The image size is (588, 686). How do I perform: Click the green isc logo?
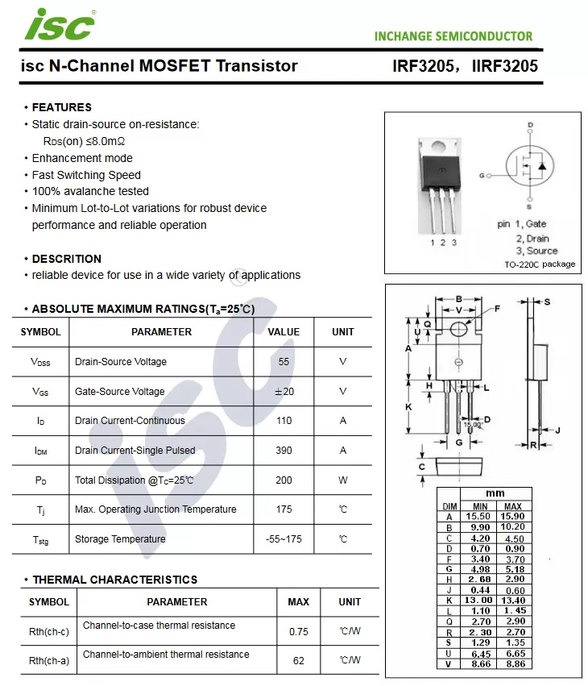click(x=60, y=24)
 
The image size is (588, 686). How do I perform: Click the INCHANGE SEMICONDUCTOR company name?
click(x=453, y=36)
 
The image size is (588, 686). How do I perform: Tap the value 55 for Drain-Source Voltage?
click(x=284, y=362)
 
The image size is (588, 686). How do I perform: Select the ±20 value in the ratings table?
click(x=284, y=392)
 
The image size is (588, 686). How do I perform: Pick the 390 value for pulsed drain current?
click(x=284, y=450)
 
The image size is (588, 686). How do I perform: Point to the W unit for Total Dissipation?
click(x=343, y=480)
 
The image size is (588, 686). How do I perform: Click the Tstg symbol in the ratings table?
click(x=40, y=540)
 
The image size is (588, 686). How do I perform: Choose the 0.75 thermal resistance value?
click(x=299, y=632)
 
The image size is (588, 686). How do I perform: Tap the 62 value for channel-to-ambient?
click(x=299, y=661)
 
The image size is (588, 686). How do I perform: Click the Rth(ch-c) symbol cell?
click(x=49, y=632)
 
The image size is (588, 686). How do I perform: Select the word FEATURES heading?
click(x=62, y=107)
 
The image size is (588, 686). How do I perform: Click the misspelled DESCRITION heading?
click(x=66, y=259)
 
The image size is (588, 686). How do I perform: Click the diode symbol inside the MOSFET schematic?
click(x=542, y=166)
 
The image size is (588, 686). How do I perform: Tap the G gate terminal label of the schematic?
click(x=482, y=176)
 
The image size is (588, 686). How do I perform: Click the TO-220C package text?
click(x=540, y=264)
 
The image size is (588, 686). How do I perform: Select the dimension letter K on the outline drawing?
click(x=408, y=407)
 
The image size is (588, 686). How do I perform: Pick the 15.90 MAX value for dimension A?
click(x=512, y=516)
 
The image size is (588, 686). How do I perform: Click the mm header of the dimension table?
click(x=495, y=493)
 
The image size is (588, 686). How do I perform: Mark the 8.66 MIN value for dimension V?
click(x=480, y=664)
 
